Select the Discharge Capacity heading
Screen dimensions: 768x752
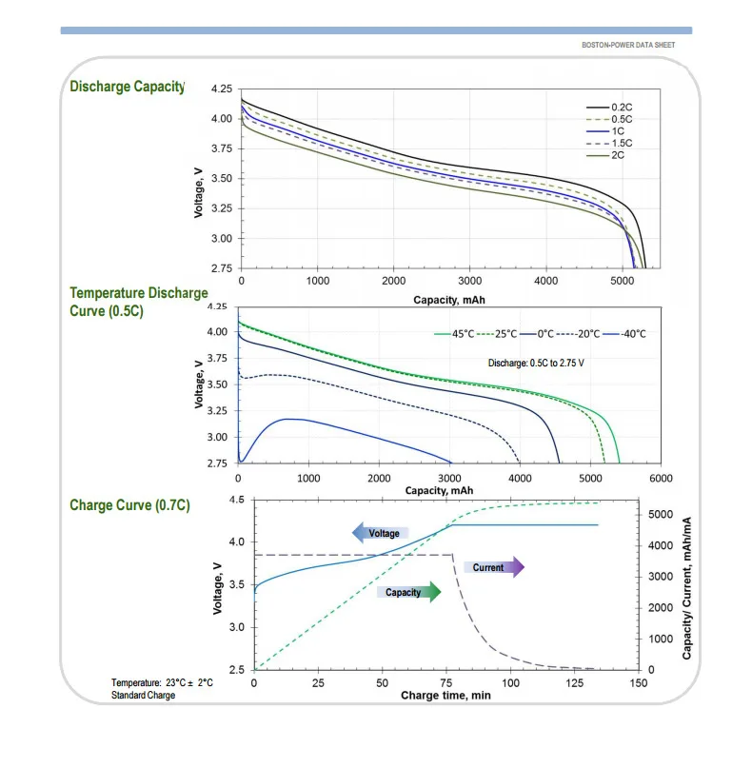pyautogui.click(x=127, y=87)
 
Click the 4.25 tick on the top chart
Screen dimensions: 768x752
pyautogui.click(x=221, y=89)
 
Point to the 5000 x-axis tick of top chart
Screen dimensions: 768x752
pyautogui.click(x=623, y=282)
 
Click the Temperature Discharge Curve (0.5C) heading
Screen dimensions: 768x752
pyautogui.click(x=138, y=302)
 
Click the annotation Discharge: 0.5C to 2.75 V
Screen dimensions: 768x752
pyautogui.click(x=537, y=363)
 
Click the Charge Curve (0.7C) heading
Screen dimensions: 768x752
pyautogui.click(x=129, y=505)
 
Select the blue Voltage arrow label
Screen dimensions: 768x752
pyautogui.click(x=382, y=533)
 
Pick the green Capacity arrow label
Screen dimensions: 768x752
pyautogui.click(x=407, y=592)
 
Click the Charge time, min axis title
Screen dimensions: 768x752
pyautogui.click(x=445, y=696)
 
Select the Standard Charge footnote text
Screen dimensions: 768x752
pyautogui.click(x=143, y=695)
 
